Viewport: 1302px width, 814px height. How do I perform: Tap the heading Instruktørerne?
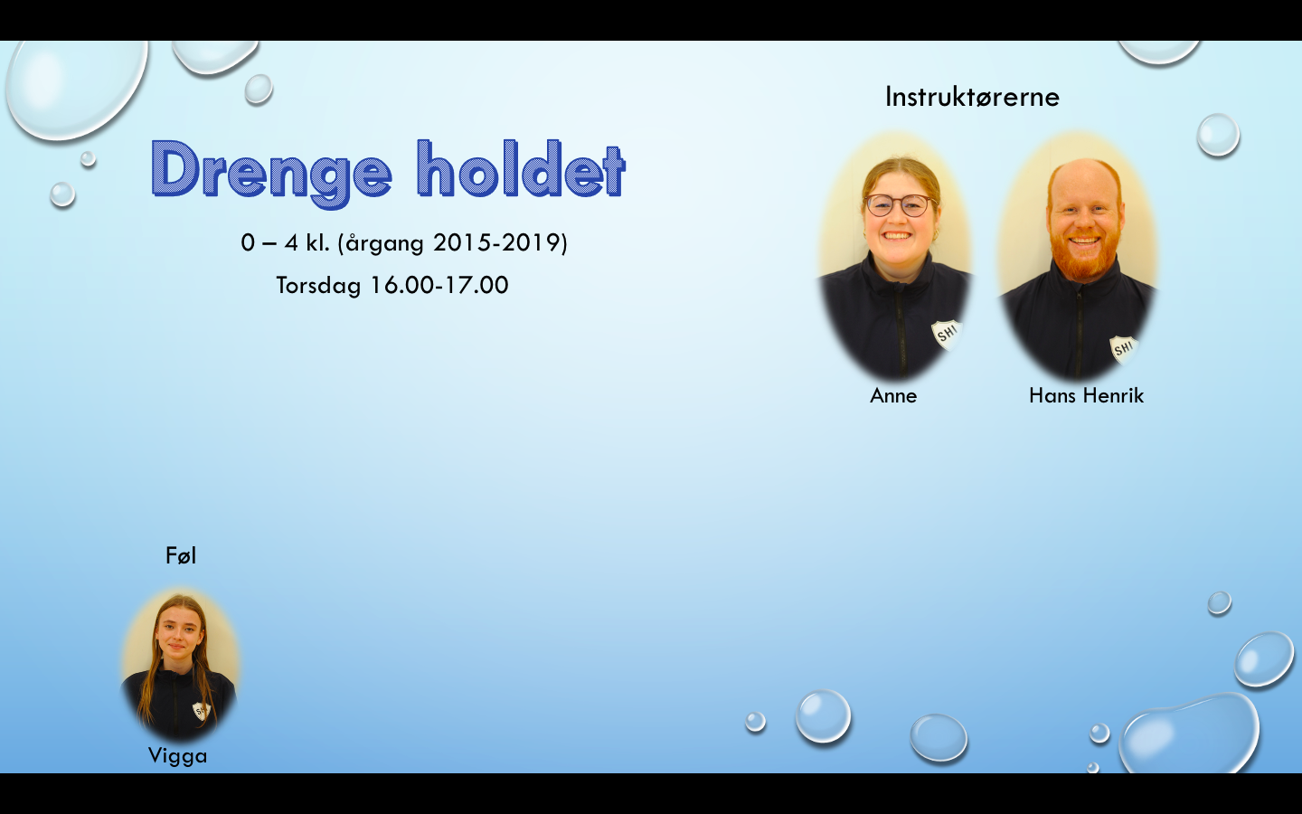point(972,97)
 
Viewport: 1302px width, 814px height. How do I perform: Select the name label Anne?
point(893,396)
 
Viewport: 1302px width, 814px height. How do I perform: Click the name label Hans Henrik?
point(1087,396)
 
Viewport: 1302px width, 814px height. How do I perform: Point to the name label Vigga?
point(178,756)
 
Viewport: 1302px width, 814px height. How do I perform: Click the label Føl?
point(181,556)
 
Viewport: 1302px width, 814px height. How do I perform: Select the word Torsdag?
point(318,286)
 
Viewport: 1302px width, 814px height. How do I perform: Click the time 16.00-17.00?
point(439,285)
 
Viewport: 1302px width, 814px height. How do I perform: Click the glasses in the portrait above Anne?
point(899,205)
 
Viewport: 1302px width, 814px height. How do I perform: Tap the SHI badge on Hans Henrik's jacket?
point(1124,349)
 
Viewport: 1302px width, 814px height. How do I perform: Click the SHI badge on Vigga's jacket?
point(201,711)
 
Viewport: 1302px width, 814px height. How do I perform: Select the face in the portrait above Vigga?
point(178,636)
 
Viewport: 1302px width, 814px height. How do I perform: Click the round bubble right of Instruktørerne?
point(1218,135)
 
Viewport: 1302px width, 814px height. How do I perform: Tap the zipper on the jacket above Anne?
point(901,327)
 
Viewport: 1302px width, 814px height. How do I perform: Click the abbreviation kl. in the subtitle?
point(318,242)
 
